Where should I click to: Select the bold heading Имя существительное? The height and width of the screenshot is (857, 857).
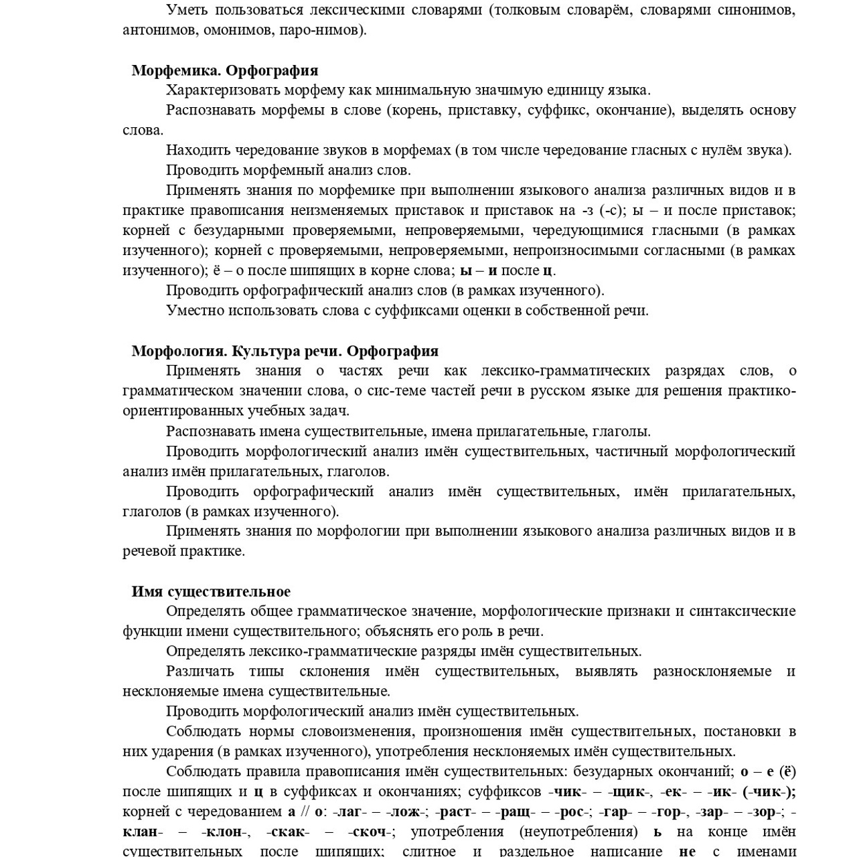pos(211,591)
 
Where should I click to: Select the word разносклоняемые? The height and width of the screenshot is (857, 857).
pos(712,671)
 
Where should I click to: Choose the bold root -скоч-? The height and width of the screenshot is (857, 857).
pos(370,832)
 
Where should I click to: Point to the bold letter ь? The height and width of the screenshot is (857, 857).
pos(657,832)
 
